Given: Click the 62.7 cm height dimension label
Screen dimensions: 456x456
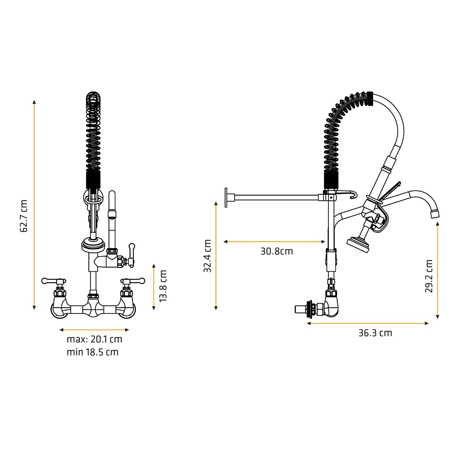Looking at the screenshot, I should [24, 216].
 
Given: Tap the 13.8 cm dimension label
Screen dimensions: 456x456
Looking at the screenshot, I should [163, 286].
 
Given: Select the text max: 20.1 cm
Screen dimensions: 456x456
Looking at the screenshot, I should [94, 340].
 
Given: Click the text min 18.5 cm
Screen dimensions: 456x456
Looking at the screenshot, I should [92, 352].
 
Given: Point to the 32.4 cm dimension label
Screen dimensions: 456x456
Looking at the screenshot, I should [207, 256].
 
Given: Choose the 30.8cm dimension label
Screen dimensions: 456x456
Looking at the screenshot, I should [277, 252].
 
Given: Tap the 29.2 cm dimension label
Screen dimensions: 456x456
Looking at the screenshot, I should [429, 276].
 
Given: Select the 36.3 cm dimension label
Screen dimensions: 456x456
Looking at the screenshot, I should [375, 333].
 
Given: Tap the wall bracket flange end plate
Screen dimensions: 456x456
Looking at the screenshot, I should [226, 198].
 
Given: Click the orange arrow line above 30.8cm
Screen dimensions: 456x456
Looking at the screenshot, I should [274, 242].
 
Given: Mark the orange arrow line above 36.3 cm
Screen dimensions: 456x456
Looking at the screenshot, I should [368, 323].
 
